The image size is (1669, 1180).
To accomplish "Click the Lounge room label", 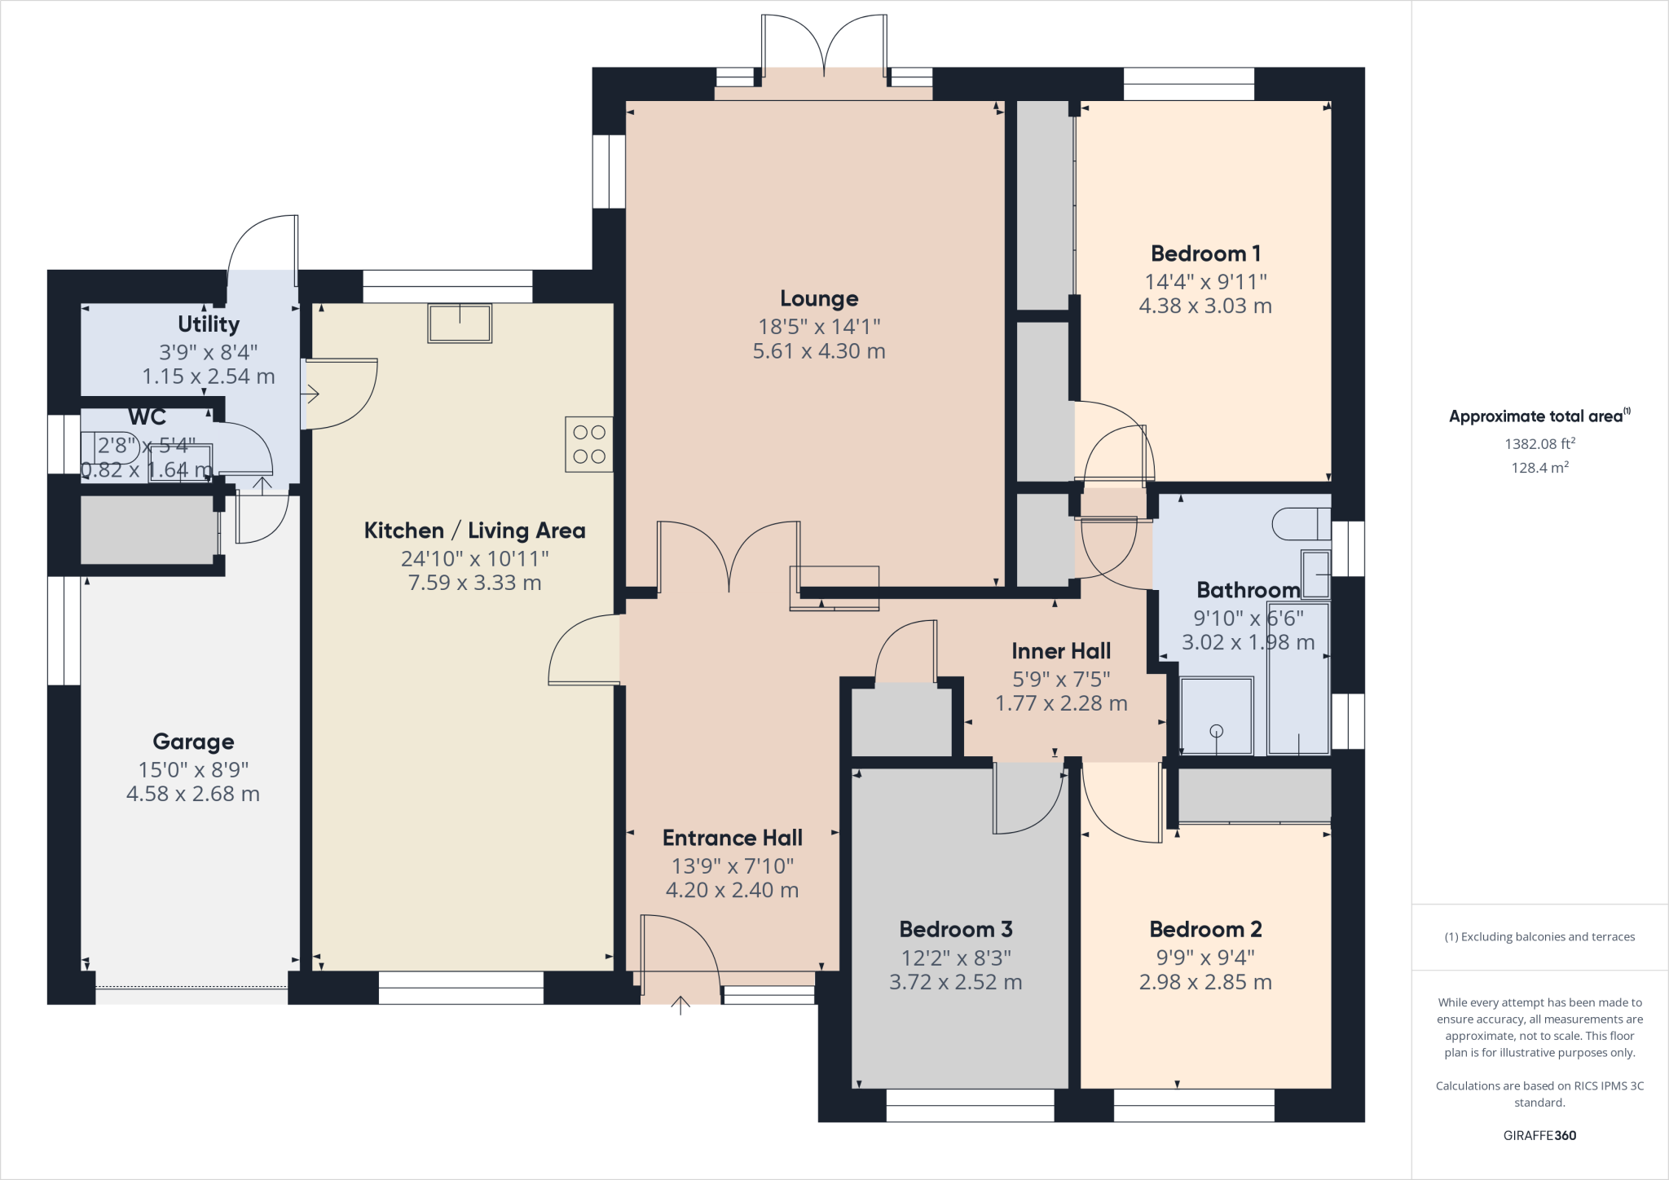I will pyautogui.click(x=819, y=299).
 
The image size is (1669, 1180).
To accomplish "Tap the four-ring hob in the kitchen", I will pyautogui.click(x=589, y=444).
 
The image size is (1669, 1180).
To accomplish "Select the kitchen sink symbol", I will pyautogui.click(x=460, y=324).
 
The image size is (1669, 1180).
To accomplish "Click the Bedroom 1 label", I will pyautogui.click(x=1205, y=254).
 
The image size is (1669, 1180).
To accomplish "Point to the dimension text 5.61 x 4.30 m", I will pyautogui.click(x=819, y=351).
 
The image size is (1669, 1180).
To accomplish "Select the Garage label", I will pyautogui.click(x=193, y=742).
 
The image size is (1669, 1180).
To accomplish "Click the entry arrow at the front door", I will pyautogui.click(x=680, y=1006).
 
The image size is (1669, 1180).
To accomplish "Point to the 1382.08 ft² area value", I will pyautogui.click(x=1539, y=444).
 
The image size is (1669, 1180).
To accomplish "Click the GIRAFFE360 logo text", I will pyautogui.click(x=1539, y=1135).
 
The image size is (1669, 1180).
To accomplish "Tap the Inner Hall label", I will pyautogui.click(x=1061, y=651).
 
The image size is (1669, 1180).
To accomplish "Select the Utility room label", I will pyautogui.click(x=209, y=324).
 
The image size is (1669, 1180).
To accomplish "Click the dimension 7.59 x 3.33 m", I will pyautogui.click(x=474, y=583).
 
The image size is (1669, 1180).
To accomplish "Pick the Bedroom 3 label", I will pyautogui.click(x=956, y=930).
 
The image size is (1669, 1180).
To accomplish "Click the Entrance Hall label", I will pyautogui.click(x=732, y=839).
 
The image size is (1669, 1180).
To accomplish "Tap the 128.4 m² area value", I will pyautogui.click(x=1539, y=468).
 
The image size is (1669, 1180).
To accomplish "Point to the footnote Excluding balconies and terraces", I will pyautogui.click(x=1539, y=937).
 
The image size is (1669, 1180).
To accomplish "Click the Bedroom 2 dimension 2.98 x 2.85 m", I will pyautogui.click(x=1205, y=983).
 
